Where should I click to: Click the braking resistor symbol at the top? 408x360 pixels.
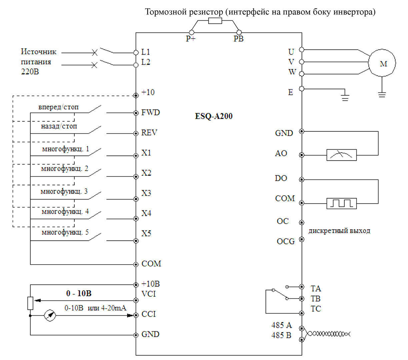coord(215,21)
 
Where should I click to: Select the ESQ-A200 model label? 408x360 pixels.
coord(214,116)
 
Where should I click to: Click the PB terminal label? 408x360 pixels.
coord(238,39)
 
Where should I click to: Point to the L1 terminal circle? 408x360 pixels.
coord(136,53)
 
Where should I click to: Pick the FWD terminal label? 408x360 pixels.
coord(150,112)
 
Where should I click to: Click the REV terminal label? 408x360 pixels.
coord(149,133)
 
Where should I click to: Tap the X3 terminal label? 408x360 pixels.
coord(146,193)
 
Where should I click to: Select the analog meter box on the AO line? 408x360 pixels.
coord(341,155)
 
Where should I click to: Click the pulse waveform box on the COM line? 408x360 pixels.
coord(341,203)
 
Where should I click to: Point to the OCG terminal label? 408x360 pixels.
coord(286,241)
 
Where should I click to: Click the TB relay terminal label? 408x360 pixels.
coord(315,299)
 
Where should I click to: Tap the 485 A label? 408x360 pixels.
coord(282,325)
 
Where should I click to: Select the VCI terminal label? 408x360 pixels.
coord(149,294)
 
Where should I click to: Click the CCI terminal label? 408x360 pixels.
coord(149,314)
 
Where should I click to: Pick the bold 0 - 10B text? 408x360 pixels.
coord(79,293)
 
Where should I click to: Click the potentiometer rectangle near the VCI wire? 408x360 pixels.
coord(30,303)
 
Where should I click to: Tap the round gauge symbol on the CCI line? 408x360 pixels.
coord(50,315)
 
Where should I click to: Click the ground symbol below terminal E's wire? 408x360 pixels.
coord(345,98)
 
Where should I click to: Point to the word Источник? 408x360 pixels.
coord(38,52)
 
